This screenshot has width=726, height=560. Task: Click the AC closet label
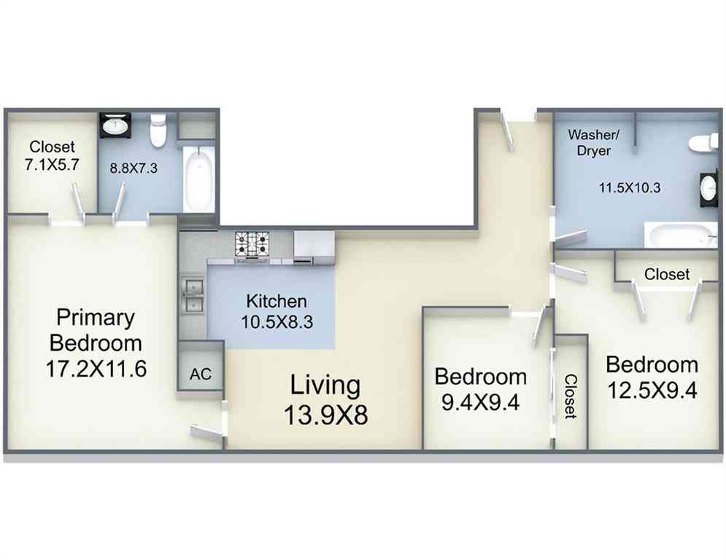pos(201,374)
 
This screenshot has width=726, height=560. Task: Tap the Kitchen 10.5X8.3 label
pos(277,311)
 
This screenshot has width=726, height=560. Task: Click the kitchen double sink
pos(192,295)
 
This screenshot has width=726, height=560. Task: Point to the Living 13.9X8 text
pos(325,400)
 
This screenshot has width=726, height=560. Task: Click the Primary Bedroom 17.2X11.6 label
pos(96,343)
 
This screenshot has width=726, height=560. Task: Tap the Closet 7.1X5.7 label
pos(52,155)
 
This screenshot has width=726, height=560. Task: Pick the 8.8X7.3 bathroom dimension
pos(134,168)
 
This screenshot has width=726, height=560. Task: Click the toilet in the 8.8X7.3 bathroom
pos(158,130)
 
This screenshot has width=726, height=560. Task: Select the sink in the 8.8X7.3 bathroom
pos(116,125)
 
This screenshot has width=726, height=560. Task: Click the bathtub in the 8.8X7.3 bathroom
pos(199,179)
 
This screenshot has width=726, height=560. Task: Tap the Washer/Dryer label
pos(594,142)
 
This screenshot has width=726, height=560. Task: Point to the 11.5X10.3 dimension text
pos(630,188)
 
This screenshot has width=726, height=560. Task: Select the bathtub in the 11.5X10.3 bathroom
pos(681,235)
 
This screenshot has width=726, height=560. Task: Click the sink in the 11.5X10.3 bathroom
pos(709,189)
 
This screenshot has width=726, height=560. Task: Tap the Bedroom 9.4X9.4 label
pos(481,389)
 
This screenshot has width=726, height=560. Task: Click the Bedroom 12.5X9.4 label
pos(652,377)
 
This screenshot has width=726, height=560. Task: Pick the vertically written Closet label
pos(571,397)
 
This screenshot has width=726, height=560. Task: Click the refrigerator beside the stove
pos(314,248)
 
